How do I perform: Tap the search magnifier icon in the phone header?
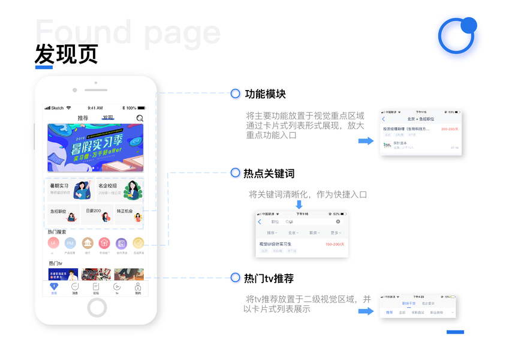[x=140, y=118]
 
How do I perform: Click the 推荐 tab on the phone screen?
[x=83, y=118]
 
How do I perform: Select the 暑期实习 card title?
[x=59, y=186]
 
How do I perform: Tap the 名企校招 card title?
[x=108, y=186]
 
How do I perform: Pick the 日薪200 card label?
[x=94, y=211]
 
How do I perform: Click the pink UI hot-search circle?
[x=53, y=243]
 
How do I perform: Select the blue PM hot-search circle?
[x=70, y=243]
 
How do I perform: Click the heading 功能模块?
[x=265, y=94]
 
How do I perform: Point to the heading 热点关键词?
[x=269, y=173]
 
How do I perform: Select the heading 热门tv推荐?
[x=269, y=278]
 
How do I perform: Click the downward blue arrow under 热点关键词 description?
[x=299, y=205]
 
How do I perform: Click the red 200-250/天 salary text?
[x=450, y=129]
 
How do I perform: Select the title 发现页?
[x=66, y=55]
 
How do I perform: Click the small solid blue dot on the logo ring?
[x=469, y=25]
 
